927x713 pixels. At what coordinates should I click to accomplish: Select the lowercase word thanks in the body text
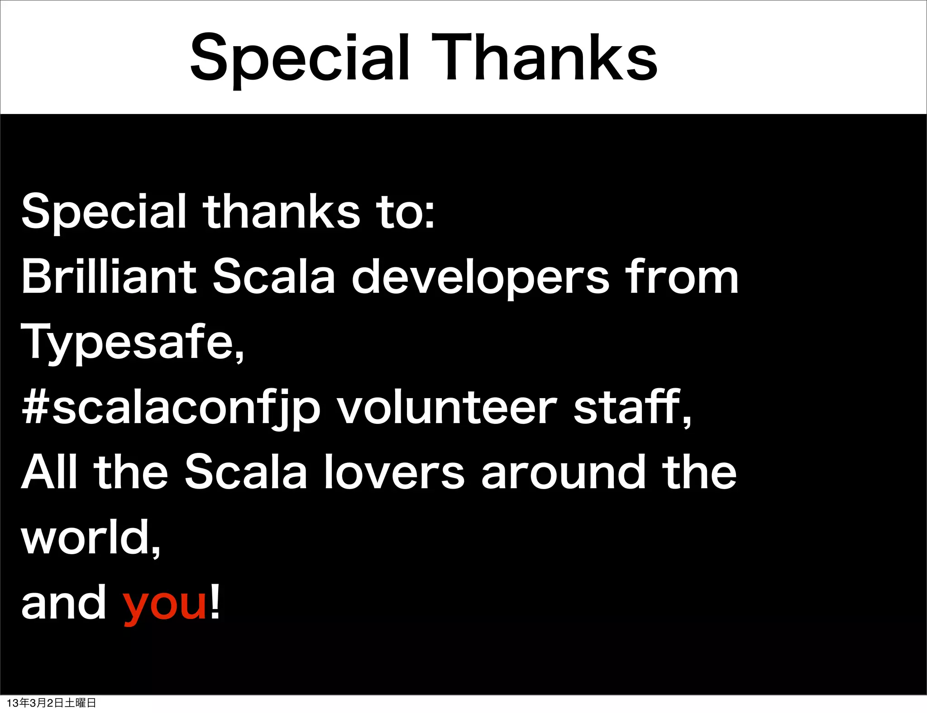point(281,211)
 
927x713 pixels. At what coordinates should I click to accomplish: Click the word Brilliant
point(109,276)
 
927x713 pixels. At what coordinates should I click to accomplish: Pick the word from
point(682,276)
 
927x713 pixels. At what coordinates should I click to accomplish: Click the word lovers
point(394,472)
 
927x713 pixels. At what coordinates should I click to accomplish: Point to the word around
point(564,472)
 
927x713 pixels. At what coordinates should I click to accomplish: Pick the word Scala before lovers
point(246,472)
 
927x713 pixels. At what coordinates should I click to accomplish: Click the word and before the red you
point(64,603)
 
